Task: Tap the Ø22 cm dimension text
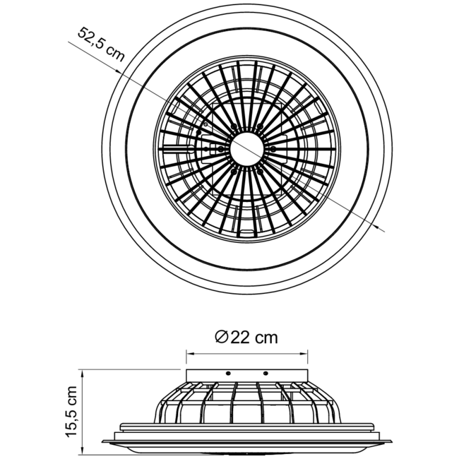pyautogui.click(x=246, y=338)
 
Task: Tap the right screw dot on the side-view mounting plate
pyautogui.click(x=266, y=373)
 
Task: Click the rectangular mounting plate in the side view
pyautogui.click(x=246, y=374)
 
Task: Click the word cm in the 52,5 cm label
pyautogui.click(x=114, y=55)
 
